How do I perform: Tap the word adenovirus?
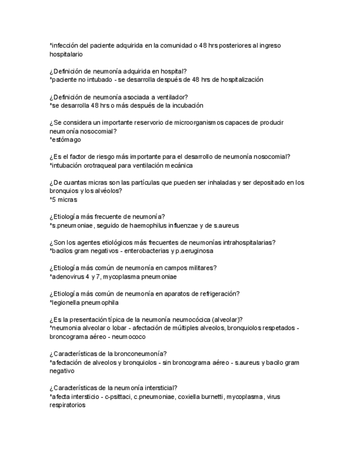click(x=69, y=276)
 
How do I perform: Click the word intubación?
click(x=68, y=165)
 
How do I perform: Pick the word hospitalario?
click(x=66, y=54)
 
